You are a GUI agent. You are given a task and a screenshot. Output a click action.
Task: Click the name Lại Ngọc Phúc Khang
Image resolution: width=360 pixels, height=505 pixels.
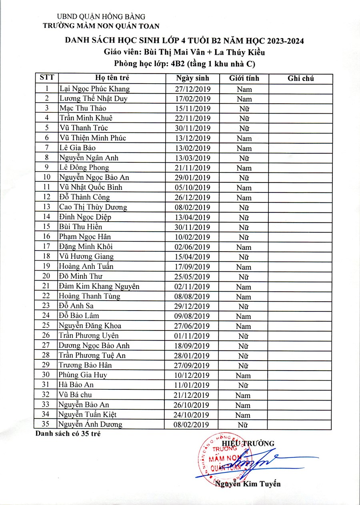(x=94, y=89)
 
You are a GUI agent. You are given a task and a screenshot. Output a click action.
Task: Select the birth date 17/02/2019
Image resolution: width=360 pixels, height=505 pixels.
(x=193, y=98)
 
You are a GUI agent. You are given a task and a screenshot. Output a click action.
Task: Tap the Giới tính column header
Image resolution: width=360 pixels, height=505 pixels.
(x=244, y=78)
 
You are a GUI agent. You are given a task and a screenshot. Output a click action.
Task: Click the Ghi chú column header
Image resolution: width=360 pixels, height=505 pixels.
(x=300, y=78)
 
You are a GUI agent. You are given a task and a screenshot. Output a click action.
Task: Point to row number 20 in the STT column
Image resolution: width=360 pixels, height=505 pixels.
(x=47, y=276)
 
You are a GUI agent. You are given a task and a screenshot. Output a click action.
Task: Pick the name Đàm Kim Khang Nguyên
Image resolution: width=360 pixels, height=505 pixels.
(x=99, y=286)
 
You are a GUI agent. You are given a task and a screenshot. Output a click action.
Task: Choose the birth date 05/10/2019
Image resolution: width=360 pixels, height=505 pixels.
(x=193, y=187)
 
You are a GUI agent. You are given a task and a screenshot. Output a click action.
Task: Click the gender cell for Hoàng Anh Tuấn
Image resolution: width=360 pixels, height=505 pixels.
(x=244, y=267)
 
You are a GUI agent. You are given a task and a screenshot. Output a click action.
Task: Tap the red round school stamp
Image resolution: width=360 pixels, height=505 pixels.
(x=224, y=460)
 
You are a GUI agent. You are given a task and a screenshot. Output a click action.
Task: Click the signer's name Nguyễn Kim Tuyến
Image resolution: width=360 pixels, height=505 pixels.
(x=248, y=484)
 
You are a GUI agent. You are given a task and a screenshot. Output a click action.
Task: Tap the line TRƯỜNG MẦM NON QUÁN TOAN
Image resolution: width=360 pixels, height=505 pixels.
(x=101, y=26)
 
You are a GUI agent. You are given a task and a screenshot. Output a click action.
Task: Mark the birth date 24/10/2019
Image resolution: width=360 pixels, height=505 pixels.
(x=193, y=415)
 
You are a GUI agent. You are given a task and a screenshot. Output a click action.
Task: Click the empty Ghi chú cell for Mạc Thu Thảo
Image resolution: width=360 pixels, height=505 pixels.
(x=300, y=108)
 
